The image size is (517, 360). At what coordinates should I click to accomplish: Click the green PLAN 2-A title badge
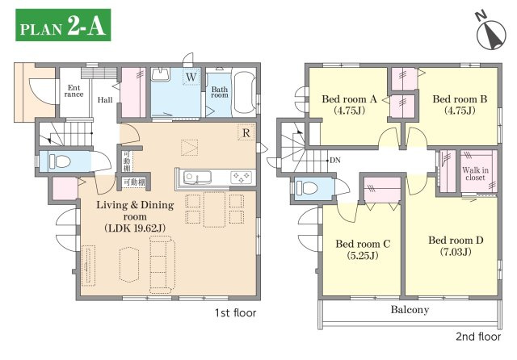coord(63,25)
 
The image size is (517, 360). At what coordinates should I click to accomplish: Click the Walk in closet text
coord(475,174)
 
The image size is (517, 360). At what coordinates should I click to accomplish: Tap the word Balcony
coord(410,310)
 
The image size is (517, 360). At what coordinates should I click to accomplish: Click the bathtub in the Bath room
coord(244,93)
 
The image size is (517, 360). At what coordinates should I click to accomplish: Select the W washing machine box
coord(191,77)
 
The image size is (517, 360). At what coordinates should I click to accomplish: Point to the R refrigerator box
coord(246,132)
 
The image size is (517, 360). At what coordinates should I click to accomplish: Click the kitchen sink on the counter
coord(197,178)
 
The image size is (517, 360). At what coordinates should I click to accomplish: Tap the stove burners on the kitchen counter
coord(242,178)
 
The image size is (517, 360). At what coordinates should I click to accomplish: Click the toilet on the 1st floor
coord(60,161)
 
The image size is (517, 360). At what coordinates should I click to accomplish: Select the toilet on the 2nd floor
coord(307,188)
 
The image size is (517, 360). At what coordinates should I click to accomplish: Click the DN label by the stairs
coord(335,161)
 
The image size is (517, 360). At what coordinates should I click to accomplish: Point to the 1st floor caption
coord(235,312)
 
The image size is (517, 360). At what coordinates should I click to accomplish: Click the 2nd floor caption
coord(478,337)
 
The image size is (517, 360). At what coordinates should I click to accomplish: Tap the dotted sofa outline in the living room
coord(162,264)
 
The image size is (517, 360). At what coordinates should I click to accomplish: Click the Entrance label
coord(74,91)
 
